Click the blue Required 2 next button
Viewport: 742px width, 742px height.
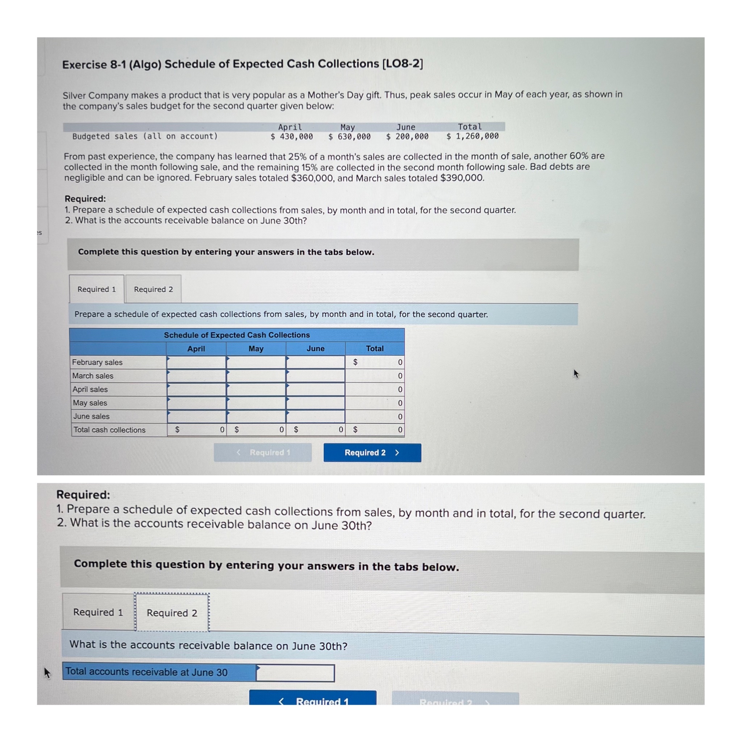click(x=372, y=453)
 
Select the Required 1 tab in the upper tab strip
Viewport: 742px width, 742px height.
click(x=96, y=289)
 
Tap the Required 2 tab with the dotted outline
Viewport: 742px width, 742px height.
click(x=172, y=613)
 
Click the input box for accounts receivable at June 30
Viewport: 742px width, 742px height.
click(x=295, y=673)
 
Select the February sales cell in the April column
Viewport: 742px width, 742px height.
click(x=196, y=362)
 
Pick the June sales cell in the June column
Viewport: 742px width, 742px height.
click(x=315, y=416)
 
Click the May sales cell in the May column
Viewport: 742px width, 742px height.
click(x=256, y=403)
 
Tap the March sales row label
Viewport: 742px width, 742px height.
click(x=93, y=376)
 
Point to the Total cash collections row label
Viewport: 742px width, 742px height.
click(x=109, y=430)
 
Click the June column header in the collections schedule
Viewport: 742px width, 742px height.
click(x=315, y=348)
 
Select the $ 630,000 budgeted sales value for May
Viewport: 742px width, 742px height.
click(x=350, y=136)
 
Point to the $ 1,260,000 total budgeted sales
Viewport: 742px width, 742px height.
click(x=472, y=136)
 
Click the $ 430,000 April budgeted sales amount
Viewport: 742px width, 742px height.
click(x=292, y=136)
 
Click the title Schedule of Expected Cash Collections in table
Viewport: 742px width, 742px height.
click(x=237, y=335)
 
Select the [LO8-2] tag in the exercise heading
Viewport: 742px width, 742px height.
click(x=403, y=63)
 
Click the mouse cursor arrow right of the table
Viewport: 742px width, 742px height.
click(x=576, y=373)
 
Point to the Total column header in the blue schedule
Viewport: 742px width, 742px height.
click(x=375, y=348)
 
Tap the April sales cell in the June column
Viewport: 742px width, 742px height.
click(x=315, y=389)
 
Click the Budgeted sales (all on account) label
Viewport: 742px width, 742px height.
click(x=145, y=136)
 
